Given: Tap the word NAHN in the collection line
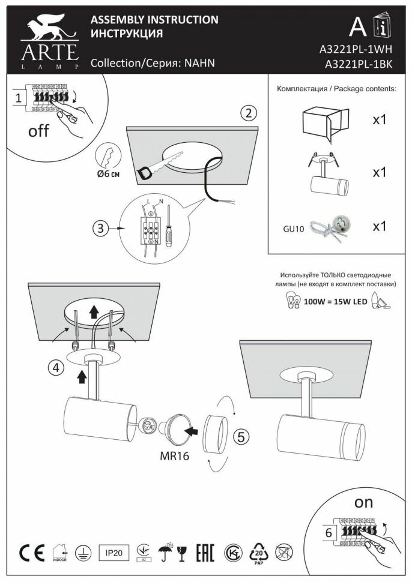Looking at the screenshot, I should click(199, 63).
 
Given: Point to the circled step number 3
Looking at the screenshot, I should click(101, 228).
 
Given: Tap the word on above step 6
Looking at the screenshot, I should click(364, 502).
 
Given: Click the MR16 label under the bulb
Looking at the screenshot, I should click(175, 456).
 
